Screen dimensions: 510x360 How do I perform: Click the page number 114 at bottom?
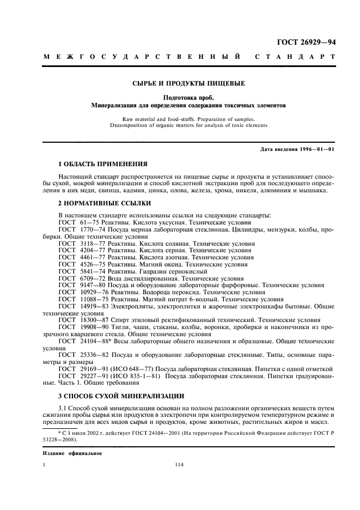pos(180,464)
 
